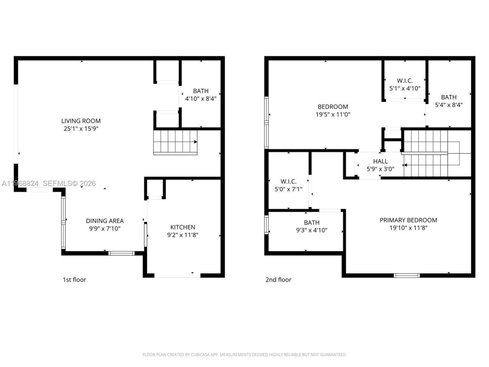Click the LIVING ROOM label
tap(81, 121)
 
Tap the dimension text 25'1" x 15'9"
tap(81, 129)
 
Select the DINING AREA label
tap(105, 221)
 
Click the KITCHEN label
tap(183, 227)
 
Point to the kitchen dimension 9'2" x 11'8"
tap(183, 235)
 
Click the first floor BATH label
tap(201, 91)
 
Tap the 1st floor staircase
tap(175, 142)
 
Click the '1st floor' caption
tap(74, 279)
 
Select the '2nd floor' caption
tap(278, 279)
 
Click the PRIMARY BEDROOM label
tap(408, 220)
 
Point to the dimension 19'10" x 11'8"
tap(408, 228)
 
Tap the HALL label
tap(381, 161)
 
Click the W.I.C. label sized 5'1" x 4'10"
tap(405, 81)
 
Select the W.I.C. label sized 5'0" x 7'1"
tap(288, 181)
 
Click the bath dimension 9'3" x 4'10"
tap(312, 230)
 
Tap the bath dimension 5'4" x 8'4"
tap(449, 105)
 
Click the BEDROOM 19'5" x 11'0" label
tap(333, 107)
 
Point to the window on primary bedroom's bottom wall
tap(406, 275)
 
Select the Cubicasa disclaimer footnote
tap(244, 355)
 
